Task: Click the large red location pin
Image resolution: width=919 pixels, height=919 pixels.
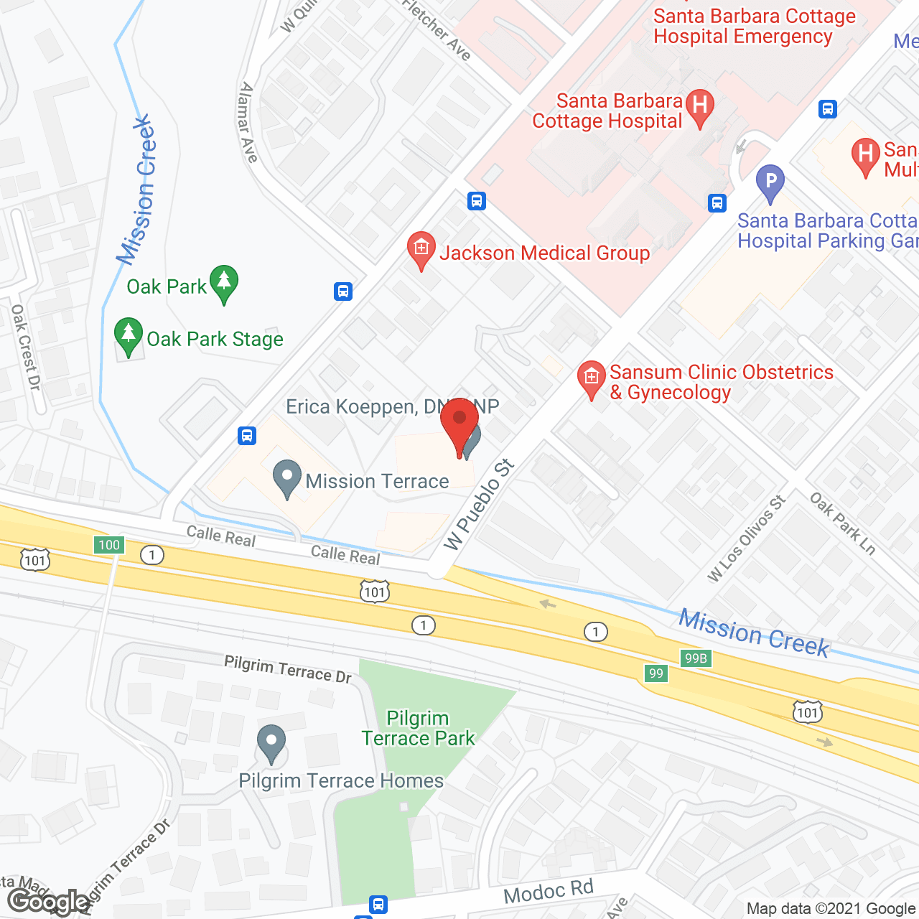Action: pyautogui.click(x=459, y=424)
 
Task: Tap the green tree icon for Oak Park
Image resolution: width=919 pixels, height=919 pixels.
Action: pyautogui.click(x=224, y=284)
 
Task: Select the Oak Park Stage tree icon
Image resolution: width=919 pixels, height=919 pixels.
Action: pyautogui.click(x=129, y=335)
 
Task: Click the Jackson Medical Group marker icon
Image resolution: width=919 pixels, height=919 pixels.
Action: pyautogui.click(x=421, y=250)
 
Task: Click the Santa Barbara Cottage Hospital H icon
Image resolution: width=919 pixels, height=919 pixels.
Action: pyautogui.click(x=700, y=107)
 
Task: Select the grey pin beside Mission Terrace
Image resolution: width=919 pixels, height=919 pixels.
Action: pyautogui.click(x=287, y=478)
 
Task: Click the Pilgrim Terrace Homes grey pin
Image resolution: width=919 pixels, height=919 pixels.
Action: pyautogui.click(x=271, y=743)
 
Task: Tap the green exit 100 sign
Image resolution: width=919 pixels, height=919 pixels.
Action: pyautogui.click(x=109, y=545)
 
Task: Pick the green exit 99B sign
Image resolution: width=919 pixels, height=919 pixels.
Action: pyautogui.click(x=696, y=658)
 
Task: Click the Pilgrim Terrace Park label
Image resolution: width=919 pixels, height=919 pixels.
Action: pyautogui.click(x=418, y=728)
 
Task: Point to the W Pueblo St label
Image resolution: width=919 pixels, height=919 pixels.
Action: pyautogui.click(x=479, y=504)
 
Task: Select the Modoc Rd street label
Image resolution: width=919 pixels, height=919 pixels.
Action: pyautogui.click(x=549, y=892)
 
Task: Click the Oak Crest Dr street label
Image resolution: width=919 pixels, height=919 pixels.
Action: pyautogui.click(x=26, y=347)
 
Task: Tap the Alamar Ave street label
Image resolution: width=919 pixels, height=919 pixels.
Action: pyautogui.click(x=248, y=122)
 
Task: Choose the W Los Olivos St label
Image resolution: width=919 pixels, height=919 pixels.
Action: pyautogui.click(x=746, y=538)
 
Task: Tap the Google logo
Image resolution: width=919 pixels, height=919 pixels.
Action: pyautogui.click(x=48, y=902)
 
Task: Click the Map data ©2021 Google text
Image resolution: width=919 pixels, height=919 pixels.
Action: pyautogui.click(x=831, y=909)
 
